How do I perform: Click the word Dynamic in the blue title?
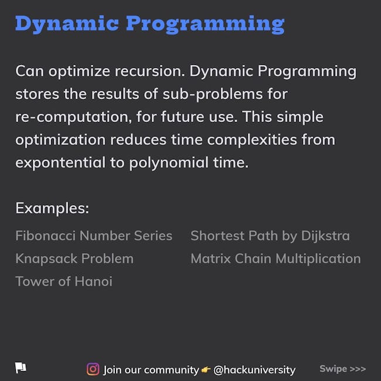[x=67, y=25]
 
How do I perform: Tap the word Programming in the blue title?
[x=205, y=25]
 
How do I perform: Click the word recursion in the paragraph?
[x=149, y=71]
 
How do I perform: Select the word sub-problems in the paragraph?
[x=213, y=94]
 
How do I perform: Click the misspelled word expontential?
[x=60, y=163]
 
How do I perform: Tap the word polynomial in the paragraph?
[x=169, y=162]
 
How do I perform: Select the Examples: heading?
[x=52, y=208]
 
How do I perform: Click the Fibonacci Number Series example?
[x=94, y=236]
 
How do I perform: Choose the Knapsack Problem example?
[x=74, y=258]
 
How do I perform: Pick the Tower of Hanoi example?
[x=64, y=281]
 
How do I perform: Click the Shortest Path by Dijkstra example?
[x=270, y=236]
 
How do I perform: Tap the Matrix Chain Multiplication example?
[x=276, y=258]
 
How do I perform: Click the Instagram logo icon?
[x=93, y=369]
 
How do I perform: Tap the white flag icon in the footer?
[x=21, y=368]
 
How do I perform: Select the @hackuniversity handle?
[x=254, y=370]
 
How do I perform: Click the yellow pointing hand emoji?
[x=206, y=370]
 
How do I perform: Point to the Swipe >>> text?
[x=343, y=369]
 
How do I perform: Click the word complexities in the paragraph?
[x=252, y=140]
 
